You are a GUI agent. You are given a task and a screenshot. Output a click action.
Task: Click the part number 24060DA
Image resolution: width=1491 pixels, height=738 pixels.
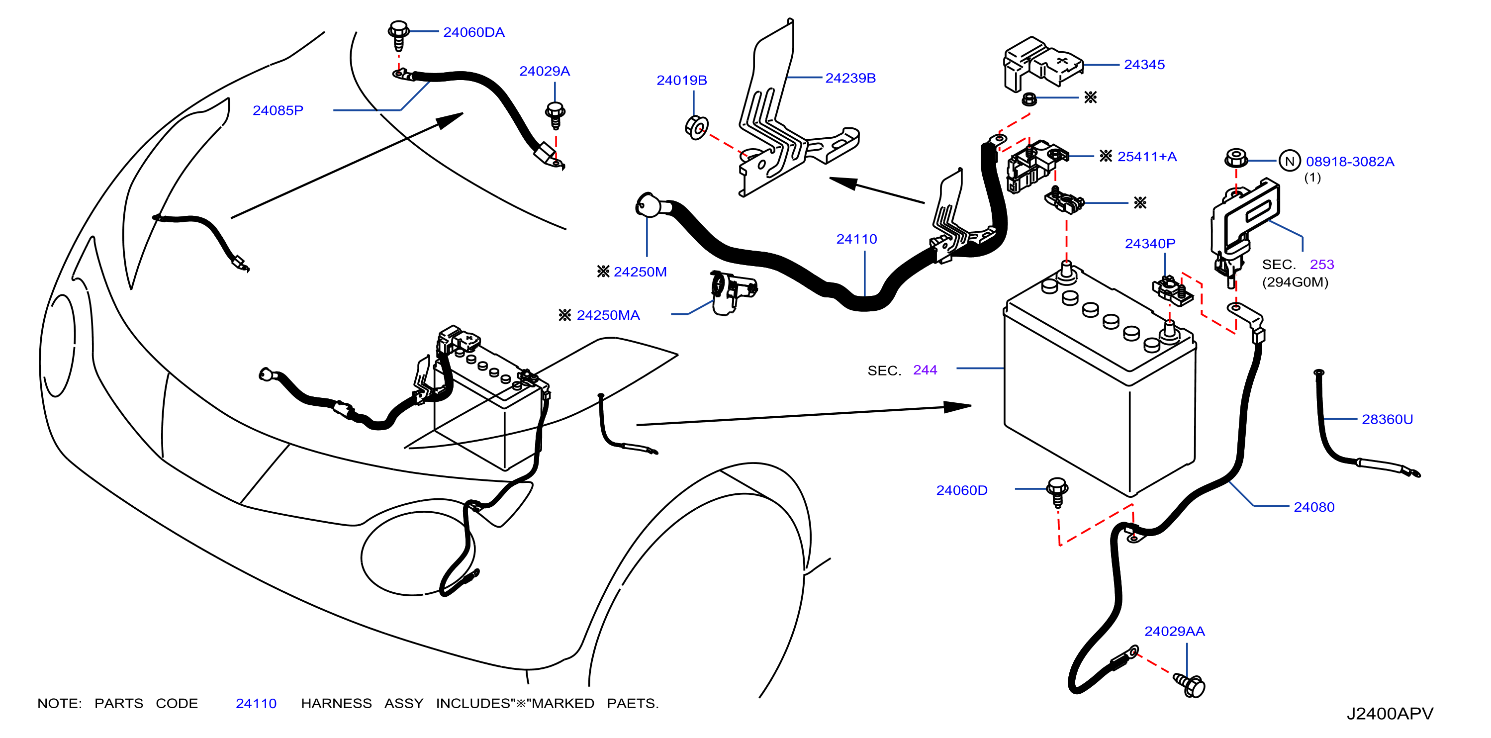[x=473, y=32]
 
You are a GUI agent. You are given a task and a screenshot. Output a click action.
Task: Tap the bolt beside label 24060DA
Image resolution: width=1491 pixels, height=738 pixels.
[x=398, y=36]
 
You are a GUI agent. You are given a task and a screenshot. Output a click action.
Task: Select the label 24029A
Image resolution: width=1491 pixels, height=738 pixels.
[x=544, y=71]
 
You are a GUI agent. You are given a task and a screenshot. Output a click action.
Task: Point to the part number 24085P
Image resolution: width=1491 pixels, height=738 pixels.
[x=278, y=110]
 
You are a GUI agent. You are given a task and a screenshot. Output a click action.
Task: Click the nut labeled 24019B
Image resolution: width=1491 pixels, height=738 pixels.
[x=696, y=127]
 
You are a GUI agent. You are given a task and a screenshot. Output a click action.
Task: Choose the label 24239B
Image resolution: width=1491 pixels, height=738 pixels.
[x=850, y=78]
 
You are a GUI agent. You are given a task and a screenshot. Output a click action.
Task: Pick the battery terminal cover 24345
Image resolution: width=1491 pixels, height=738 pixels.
[x=1042, y=64]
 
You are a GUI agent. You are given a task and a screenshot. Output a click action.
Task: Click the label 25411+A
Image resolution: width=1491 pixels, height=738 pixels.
[x=1147, y=157]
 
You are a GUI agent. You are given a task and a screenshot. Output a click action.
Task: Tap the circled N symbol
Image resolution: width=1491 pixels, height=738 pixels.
[x=1290, y=162]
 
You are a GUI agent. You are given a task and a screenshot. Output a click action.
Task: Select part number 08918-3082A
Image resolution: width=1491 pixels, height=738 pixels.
[x=1350, y=162]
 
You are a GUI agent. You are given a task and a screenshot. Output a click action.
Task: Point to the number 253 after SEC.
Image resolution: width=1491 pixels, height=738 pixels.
[x=1321, y=265]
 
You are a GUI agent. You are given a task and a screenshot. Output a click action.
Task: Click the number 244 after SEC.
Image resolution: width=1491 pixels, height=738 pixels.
[x=925, y=370]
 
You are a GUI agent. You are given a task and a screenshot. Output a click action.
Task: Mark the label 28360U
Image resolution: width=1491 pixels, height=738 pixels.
[x=1387, y=419]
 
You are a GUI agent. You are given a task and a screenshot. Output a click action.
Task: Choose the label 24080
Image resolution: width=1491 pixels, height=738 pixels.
[x=1314, y=507]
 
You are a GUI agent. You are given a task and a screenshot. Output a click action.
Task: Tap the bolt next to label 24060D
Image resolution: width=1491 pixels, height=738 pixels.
[x=1057, y=492]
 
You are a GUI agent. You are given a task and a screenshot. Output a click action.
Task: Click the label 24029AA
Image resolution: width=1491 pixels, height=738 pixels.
[x=1174, y=632]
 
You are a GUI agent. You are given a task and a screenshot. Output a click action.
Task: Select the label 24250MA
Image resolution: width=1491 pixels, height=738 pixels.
[x=608, y=315]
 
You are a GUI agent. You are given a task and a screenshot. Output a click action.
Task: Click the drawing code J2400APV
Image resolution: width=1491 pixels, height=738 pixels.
[x=1390, y=714]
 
